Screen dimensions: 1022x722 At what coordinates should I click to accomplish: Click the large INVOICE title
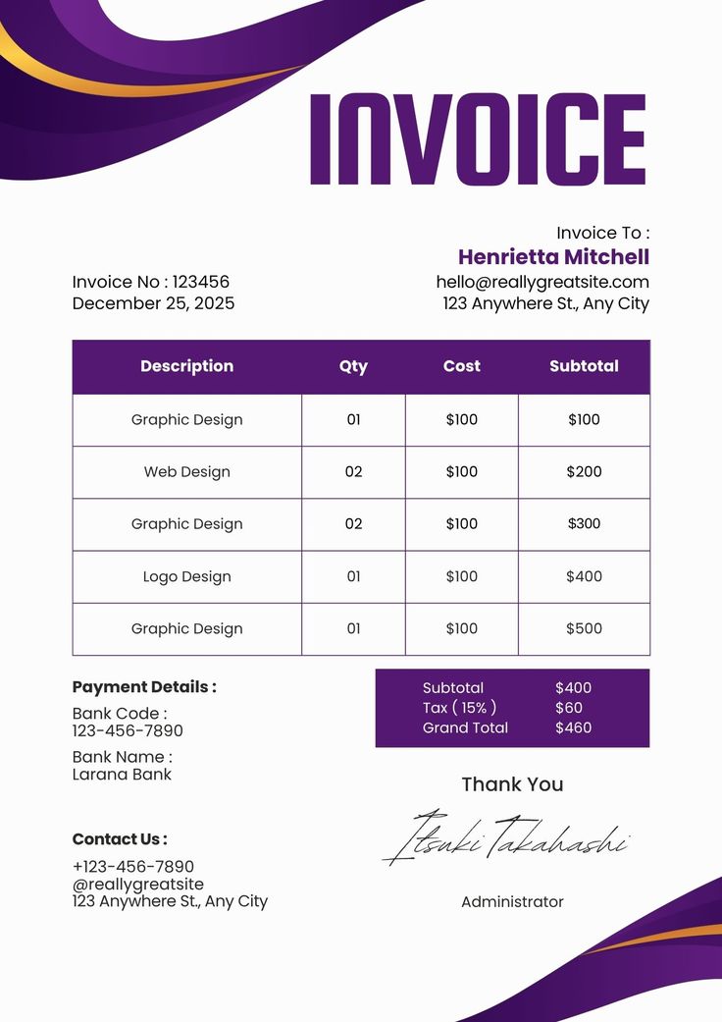point(478,138)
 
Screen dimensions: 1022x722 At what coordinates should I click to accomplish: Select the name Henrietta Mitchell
point(553,257)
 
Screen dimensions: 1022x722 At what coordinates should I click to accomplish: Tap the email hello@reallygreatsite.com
point(542,282)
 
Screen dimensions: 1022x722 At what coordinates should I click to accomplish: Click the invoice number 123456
point(201,282)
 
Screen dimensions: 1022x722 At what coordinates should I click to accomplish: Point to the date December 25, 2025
point(153,303)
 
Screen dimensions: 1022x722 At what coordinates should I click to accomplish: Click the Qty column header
point(353,366)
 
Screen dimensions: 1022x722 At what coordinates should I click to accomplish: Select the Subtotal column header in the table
point(584,366)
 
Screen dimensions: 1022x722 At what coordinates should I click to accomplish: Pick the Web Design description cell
point(186,472)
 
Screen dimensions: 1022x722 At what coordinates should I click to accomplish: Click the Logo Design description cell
point(186,576)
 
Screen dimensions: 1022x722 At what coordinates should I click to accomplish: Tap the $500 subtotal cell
point(584,628)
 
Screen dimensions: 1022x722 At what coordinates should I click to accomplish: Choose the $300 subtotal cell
point(584,524)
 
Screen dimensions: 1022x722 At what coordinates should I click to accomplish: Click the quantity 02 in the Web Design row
point(353,472)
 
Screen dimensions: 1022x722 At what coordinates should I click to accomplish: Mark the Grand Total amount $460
point(573,727)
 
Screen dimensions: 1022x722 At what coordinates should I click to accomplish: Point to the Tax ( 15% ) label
point(459,708)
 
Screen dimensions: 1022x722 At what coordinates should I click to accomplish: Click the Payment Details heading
point(144,687)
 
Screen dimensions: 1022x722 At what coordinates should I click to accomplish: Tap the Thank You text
point(512,784)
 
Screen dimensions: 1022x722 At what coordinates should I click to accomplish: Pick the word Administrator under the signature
point(512,901)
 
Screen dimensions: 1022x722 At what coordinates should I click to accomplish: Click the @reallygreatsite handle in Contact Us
point(138,884)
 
